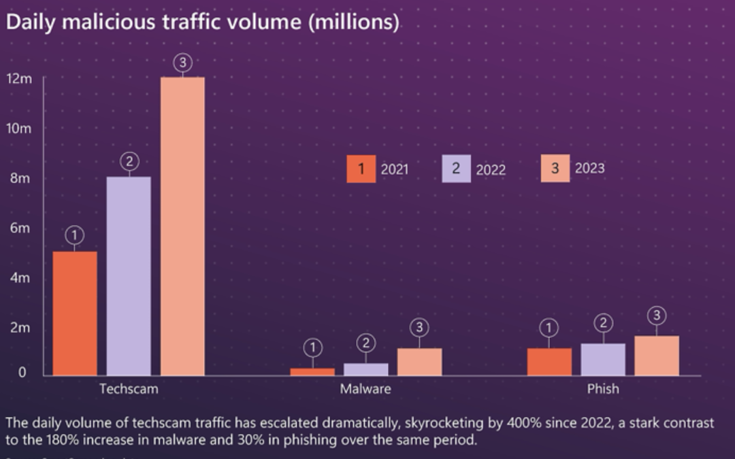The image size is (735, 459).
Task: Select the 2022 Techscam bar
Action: tap(129, 275)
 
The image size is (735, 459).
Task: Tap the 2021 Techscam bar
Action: tap(75, 313)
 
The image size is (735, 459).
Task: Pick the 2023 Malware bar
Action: tap(419, 362)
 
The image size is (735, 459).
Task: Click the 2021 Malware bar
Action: tap(312, 371)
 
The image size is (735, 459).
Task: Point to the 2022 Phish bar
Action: tap(603, 359)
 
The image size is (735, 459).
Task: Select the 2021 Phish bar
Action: tap(549, 362)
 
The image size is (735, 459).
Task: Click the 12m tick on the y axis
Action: tap(19, 78)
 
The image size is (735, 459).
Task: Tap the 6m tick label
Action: tap(19, 228)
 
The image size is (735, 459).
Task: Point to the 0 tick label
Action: tap(22, 373)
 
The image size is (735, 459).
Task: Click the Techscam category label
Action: tap(129, 389)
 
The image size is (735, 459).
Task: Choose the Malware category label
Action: tap(365, 389)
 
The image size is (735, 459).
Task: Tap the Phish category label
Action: tap(603, 389)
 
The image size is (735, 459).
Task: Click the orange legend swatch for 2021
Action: tap(361, 169)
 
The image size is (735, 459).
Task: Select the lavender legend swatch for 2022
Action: tap(456, 169)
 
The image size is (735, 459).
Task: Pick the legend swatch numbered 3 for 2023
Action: tap(555, 169)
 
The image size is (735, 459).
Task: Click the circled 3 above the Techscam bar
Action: tap(182, 63)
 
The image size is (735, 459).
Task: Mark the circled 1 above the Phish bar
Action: tap(549, 328)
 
